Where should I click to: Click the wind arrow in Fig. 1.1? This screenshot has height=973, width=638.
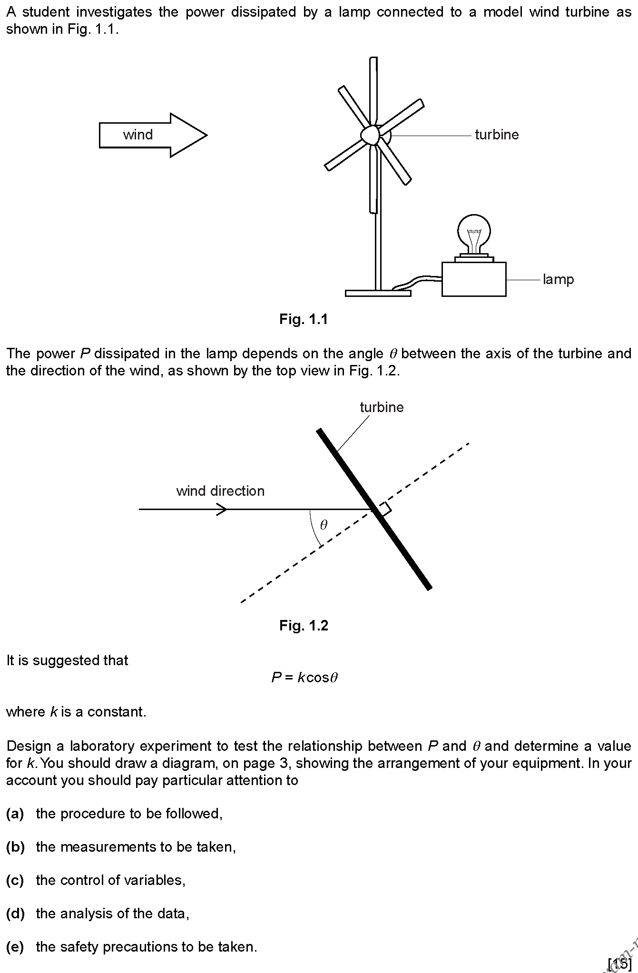(153, 135)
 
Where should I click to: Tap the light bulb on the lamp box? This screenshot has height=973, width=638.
(474, 236)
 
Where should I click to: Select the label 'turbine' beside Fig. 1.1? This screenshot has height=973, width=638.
(497, 135)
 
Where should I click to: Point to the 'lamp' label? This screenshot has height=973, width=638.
(558, 280)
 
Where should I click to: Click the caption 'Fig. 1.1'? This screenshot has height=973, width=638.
(304, 319)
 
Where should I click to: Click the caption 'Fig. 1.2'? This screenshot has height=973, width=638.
(304, 625)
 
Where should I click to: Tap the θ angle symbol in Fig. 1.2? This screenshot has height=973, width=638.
(324, 525)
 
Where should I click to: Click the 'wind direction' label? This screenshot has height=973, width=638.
(220, 491)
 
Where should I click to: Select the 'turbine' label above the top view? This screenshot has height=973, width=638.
(382, 407)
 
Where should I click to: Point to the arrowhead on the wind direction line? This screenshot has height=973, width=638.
(222, 510)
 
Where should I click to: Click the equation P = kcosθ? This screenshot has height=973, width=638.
(304, 677)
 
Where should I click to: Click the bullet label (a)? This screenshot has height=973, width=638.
(15, 814)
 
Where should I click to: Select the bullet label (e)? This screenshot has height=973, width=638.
(15, 947)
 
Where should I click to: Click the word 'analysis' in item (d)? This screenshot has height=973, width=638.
(99, 914)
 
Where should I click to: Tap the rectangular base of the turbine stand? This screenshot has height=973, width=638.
(378, 293)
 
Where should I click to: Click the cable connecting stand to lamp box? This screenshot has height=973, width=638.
(417, 282)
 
